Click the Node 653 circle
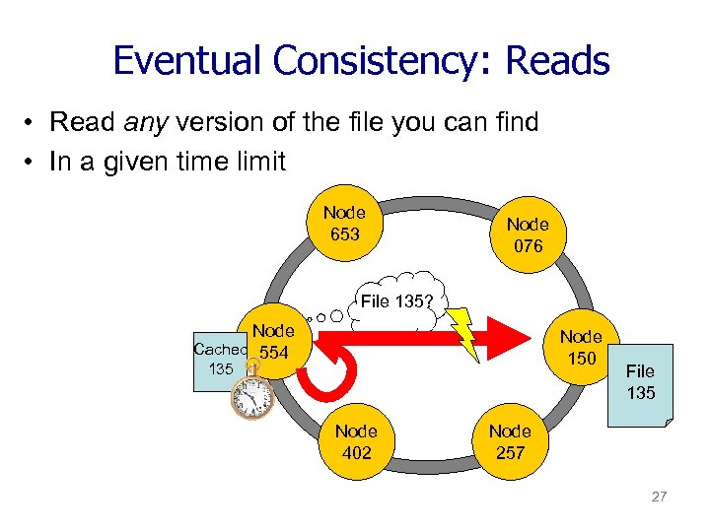coord(344,223)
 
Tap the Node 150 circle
coord(581,347)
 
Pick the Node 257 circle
coord(509,442)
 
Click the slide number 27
coord(659,497)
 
